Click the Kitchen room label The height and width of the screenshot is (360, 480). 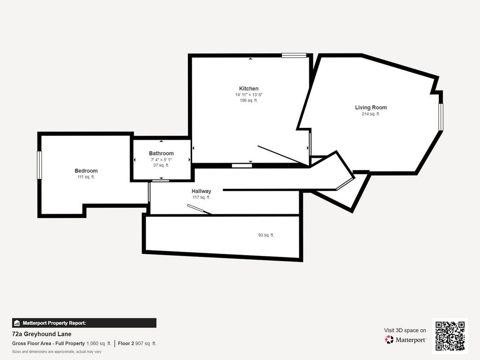pos(248,89)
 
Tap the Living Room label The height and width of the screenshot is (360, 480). pos(371,107)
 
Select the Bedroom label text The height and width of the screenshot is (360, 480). pos(86,171)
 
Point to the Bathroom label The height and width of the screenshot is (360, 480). pos(161,153)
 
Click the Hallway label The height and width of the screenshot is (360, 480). pos(202,191)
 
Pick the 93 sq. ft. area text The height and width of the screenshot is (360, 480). pos(266,235)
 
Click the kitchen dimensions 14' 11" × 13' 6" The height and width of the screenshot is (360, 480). pos(248,95)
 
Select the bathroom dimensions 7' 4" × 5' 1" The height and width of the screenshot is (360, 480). pos(161,160)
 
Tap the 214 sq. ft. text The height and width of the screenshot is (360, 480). pos(371,114)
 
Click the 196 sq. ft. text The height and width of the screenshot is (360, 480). pos(248,100)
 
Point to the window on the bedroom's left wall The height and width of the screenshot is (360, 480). pos(39,165)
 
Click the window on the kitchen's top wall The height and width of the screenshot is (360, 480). pos(294,55)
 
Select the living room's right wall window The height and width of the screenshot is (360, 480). pos(441,117)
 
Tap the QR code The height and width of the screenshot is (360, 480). pos(450,336)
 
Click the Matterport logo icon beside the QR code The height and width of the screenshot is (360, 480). pos(389,339)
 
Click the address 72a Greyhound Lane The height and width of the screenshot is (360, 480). pos(42,334)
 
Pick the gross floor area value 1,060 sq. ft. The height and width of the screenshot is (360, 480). pos(99,344)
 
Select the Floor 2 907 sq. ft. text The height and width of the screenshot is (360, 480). pos(137,344)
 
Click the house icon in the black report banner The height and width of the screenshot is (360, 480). pos(17,323)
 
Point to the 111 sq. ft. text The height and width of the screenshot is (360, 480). pos(86,177)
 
